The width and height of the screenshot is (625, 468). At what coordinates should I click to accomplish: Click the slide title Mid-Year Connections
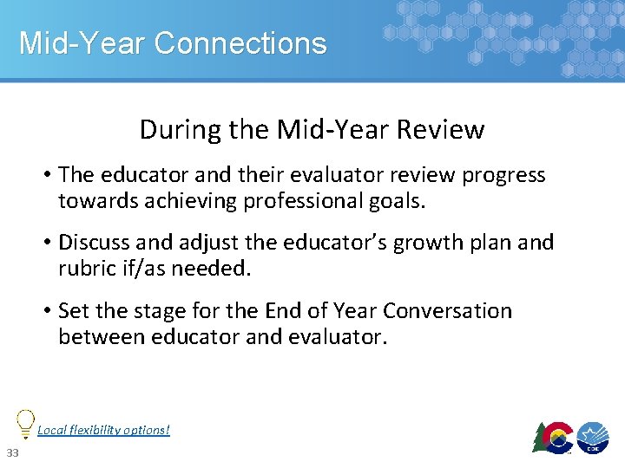[173, 43]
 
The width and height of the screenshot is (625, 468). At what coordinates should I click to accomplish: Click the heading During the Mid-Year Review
[312, 130]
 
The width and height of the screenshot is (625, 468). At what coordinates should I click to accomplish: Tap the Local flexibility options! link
[103, 430]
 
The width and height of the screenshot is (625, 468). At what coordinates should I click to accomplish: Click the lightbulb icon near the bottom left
[26, 423]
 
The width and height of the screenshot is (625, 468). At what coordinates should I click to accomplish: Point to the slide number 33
[12, 453]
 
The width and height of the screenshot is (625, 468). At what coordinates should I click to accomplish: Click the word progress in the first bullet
[503, 175]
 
